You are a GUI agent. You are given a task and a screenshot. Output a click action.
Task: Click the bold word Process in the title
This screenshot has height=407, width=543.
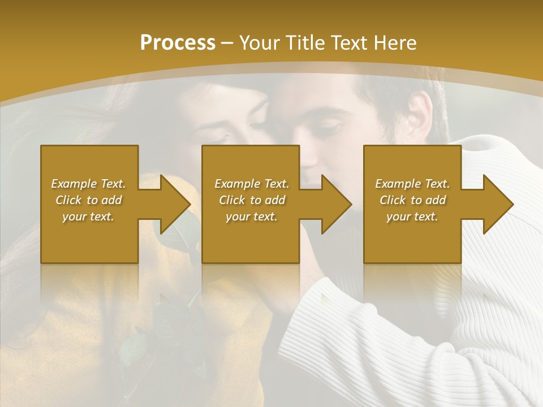[178, 43]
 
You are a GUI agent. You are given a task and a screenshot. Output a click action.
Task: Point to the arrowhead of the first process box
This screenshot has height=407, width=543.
[175, 204]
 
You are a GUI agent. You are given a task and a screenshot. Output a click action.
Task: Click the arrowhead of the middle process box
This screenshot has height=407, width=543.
[337, 204]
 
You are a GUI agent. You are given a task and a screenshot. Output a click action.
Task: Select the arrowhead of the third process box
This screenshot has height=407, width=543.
[498, 204]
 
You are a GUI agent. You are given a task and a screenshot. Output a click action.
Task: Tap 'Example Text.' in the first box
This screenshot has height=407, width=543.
[88, 184]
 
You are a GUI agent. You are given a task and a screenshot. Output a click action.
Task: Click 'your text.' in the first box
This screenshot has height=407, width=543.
[88, 217]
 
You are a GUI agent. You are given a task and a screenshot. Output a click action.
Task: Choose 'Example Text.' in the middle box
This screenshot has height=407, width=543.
[252, 184]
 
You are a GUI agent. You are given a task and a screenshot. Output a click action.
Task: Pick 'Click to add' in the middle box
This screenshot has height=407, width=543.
[252, 200]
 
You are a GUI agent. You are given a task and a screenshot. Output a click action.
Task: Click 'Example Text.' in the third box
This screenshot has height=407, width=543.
[412, 184]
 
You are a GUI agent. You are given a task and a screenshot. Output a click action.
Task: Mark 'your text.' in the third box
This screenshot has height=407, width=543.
[412, 217]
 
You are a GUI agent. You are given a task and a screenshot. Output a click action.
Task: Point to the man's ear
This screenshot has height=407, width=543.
[420, 112]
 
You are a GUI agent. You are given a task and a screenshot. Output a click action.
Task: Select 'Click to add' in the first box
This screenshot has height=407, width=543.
[88, 200]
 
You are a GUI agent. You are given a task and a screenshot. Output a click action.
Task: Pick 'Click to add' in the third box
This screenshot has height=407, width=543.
[412, 200]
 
